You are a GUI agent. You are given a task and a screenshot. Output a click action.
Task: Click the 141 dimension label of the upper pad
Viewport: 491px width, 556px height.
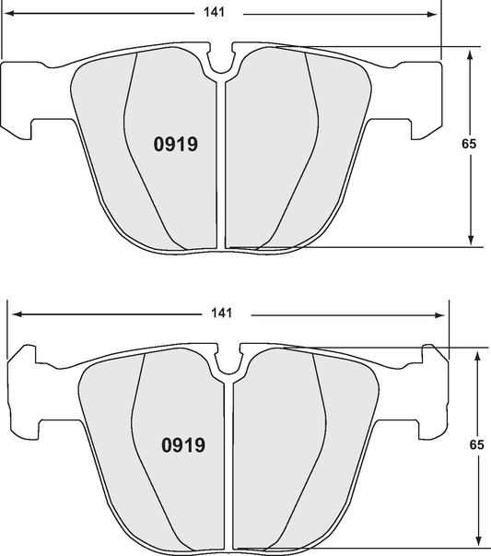(222, 14)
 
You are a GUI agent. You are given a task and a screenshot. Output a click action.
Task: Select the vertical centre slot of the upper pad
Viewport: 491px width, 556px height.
(221, 166)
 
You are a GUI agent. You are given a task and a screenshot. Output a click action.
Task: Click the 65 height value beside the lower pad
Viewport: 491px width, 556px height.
(476, 444)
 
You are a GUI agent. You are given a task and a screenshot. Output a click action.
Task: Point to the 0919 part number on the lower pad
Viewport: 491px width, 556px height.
(183, 445)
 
